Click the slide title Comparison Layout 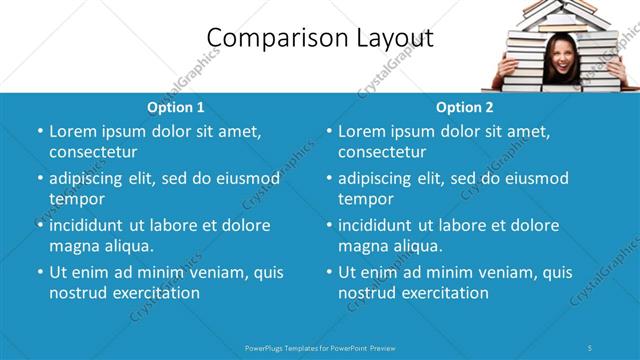[320, 38]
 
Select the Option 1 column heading [176, 107]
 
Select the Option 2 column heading [465, 107]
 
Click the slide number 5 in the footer [591, 347]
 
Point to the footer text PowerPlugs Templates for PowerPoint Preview [320, 347]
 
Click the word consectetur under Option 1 [93, 152]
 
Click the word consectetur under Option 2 [382, 152]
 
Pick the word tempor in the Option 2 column [366, 199]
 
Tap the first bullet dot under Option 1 [40, 132]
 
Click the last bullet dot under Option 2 [329, 273]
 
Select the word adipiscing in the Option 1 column [93, 179]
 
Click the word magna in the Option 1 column [75, 246]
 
